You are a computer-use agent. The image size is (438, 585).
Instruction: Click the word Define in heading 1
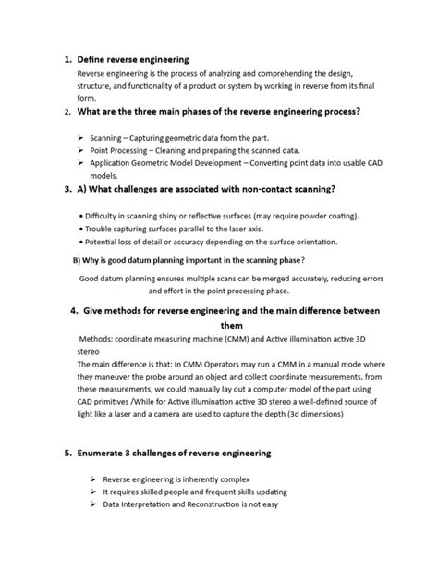(x=93, y=58)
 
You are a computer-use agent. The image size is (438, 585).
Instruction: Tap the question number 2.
(x=68, y=112)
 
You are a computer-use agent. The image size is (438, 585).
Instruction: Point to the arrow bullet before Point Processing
(x=82, y=150)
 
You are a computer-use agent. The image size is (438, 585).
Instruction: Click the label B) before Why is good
(x=77, y=260)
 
